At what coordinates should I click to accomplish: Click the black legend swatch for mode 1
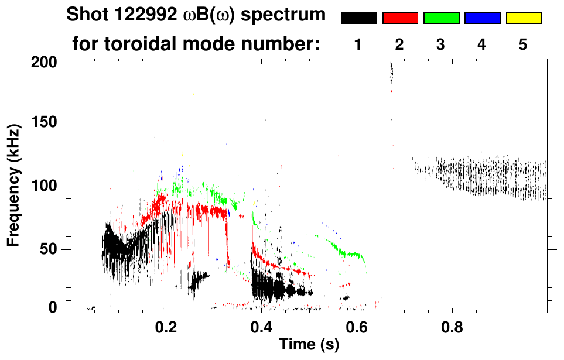pyautogui.click(x=359, y=18)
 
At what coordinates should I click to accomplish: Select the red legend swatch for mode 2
pyautogui.click(x=400, y=18)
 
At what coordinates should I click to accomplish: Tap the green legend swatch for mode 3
pyautogui.click(x=441, y=18)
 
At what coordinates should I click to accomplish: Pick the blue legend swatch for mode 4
pyautogui.click(x=482, y=18)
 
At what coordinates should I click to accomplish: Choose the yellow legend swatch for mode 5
pyautogui.click(x=523, y=18)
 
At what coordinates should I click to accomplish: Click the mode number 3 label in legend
pyautogui.click(x=440, y=44)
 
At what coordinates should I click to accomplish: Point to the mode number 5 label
pyautogui.click(x=522, y=44)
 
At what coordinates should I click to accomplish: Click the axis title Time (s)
pyautogui.click(x=309, y=345)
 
